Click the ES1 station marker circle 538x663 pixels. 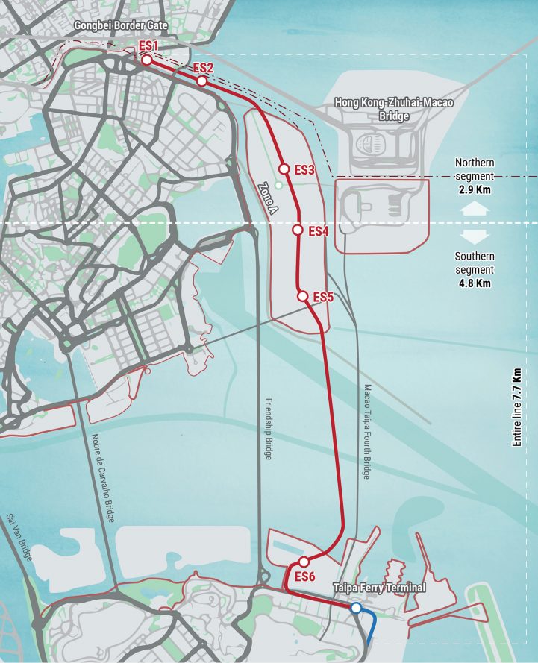click(x=147, y=60)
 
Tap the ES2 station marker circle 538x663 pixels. click(x=201, y=81)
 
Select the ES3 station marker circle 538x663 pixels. click(x=284, y=169)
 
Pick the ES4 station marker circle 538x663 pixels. click(x=298, y=230)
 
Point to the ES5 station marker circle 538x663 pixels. click(x=303, y=296)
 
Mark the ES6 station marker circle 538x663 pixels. click(x=304, y=562)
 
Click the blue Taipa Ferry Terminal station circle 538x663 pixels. click(x=357, y=609)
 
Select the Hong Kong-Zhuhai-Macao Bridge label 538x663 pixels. click(x=393, y=109)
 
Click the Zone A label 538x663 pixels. click(x=267, y=199)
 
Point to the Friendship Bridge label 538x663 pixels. click(x=268, y=429)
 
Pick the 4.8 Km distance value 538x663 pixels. click(x=474, y=283)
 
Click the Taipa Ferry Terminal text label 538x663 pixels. click(x=380, y=588)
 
